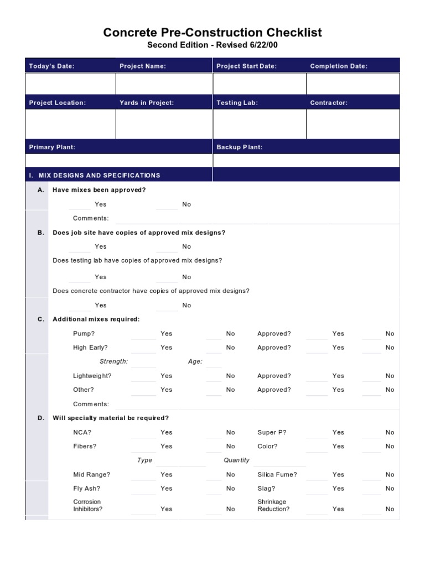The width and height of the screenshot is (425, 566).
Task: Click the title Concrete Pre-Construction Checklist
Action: pyautogui.click(x=212, y=33)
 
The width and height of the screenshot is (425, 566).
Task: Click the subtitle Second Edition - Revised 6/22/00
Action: pyautogui.click(x=212, y=45)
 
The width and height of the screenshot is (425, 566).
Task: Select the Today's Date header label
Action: pyautogui.click(x=51, y=66)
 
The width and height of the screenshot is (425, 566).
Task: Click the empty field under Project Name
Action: pyautogui.click(x=164, y=84)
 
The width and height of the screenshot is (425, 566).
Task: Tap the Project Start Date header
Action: pyautogui.click(x=246, y=66)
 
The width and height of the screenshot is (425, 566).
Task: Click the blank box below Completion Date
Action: pyautogui.click(x=353, y=84)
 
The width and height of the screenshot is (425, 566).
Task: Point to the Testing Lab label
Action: pyautogui.click(x=237, y=103)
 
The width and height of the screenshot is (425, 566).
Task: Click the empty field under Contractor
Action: pyautogui.click(x=353, y=124)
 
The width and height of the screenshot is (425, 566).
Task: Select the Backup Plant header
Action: pyautogui.click(x=239, y=147)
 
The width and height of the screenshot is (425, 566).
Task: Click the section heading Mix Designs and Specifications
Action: pyautogui.click(x=95, y=175)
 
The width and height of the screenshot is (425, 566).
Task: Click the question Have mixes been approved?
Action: pyautogui.click(x=99, y=190)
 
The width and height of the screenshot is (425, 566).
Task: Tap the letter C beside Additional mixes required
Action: pyautogui.click(x=40, y=319)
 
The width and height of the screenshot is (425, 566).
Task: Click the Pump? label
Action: pyautogui.click(x=84, y=334)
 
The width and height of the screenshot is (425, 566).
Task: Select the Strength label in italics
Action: pyautogui.click(x=113, y=361)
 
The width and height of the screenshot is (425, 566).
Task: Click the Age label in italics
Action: pyautogui.click(x=195, y=361)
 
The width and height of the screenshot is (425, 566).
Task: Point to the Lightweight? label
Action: pyautogui.click(x=92, y=376)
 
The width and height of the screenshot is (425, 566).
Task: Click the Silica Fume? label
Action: pyautogui.click(x=277, y=475)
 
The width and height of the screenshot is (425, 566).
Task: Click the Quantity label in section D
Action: pyautogui.click(x=236, y=460)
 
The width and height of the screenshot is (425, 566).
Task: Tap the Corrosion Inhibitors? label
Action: pyautogui.click(x=87, y=506)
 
